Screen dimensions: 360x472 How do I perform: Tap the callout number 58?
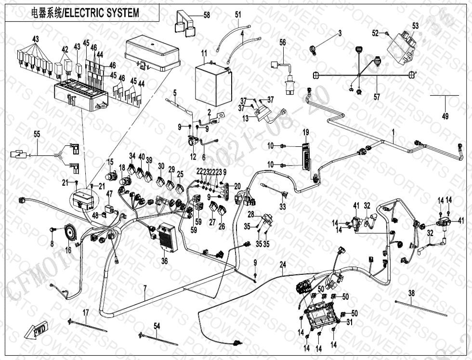coord(207,15)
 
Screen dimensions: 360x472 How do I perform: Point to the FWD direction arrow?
coord(36,332)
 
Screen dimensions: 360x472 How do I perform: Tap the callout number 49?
coord(445,116)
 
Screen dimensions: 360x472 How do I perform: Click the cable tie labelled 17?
coord(89,325)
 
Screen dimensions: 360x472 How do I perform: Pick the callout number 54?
coord(157,326)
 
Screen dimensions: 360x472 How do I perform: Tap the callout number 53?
coord(415,26)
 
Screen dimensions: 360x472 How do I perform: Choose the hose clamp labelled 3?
coord(313,48)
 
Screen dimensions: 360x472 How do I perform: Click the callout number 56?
coord(283,42)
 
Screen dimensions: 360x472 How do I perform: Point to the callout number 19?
coord(305,132)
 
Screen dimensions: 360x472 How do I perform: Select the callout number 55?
coord(37,135)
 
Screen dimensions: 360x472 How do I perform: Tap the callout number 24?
coord(283,264)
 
